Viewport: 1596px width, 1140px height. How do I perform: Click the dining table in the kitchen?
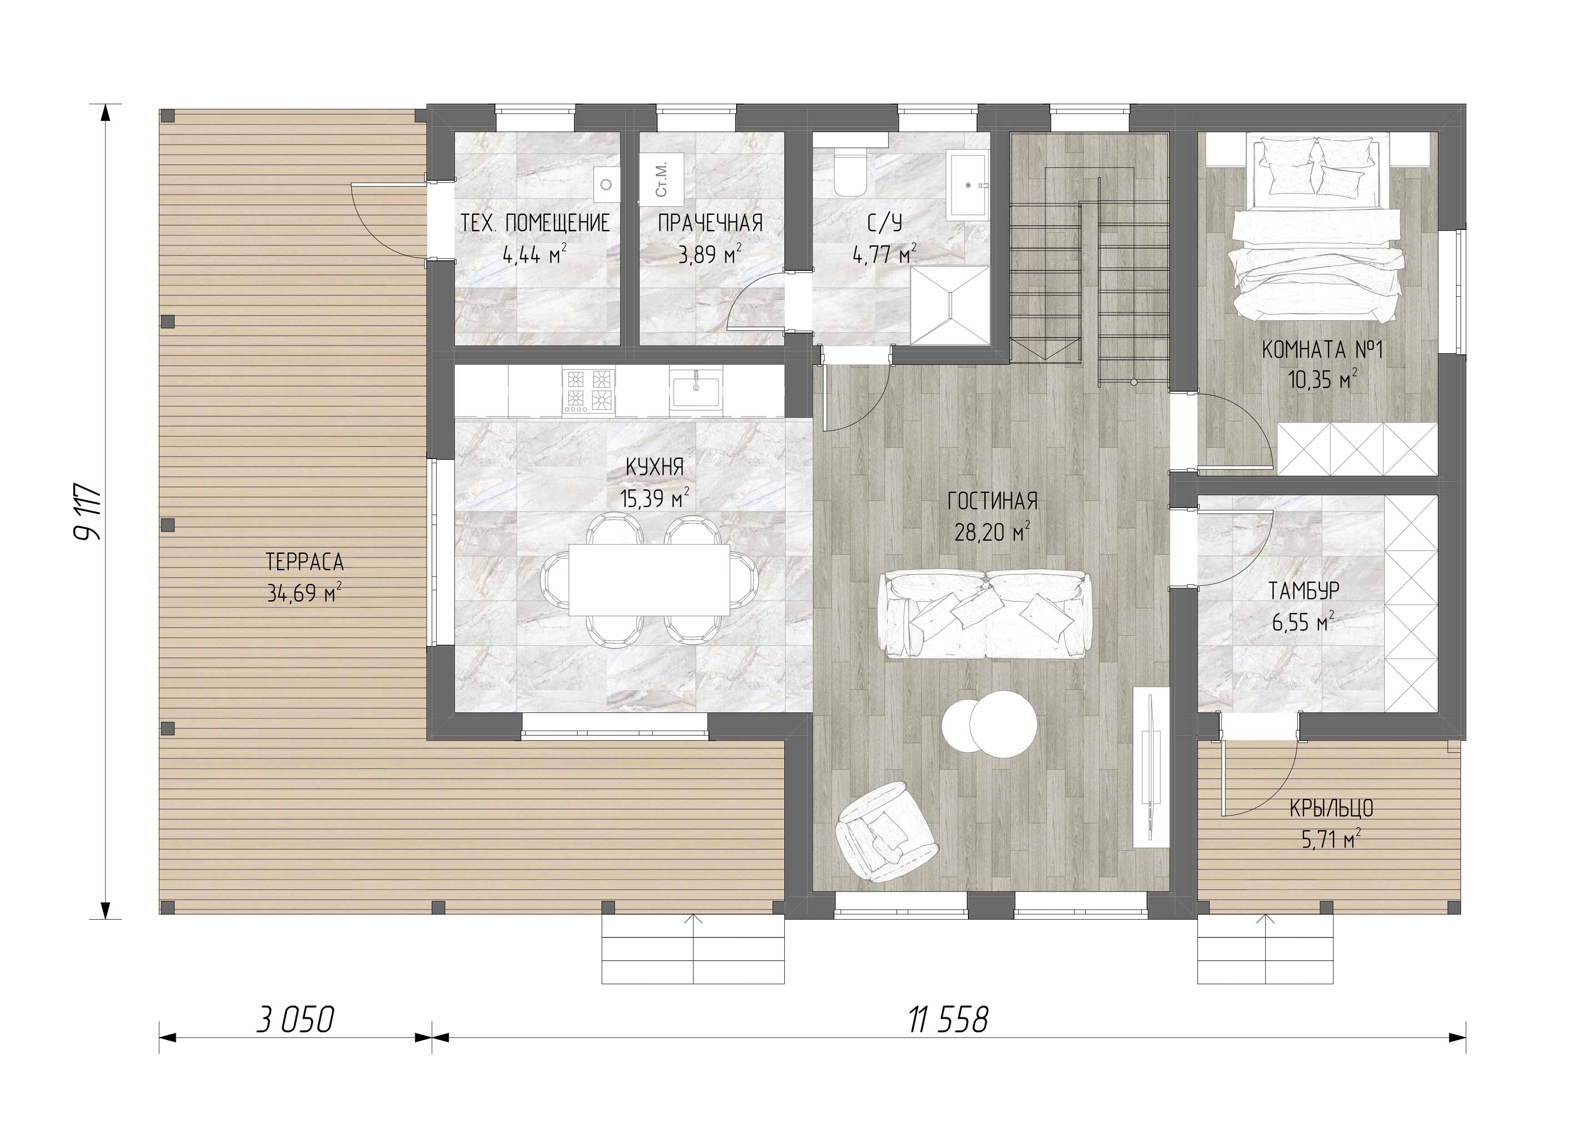[649, 579]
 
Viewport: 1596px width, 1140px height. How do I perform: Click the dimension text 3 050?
[295, 1020]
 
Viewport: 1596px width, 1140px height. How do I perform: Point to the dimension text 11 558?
[948, 1020]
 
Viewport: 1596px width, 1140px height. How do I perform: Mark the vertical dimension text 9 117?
[89, 511]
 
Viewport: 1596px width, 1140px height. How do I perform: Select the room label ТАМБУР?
[1304, 591]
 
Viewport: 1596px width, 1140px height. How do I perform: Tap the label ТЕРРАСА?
[305, 562]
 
